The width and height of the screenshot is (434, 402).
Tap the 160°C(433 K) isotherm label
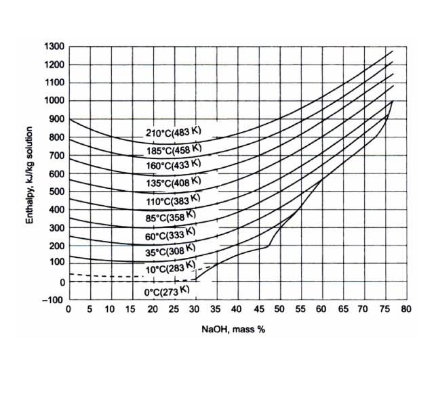174,166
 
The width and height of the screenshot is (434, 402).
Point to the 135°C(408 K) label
174,183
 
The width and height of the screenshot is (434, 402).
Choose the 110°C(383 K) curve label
174,201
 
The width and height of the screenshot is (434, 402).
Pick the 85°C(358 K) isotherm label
172,218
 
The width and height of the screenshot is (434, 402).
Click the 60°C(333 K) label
172,235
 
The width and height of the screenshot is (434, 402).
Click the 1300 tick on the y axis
54,47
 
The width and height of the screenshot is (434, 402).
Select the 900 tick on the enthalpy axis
56,119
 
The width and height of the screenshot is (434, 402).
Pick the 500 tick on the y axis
56,191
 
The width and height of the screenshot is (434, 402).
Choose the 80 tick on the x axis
405,310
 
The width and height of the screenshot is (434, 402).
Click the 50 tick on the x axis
278,310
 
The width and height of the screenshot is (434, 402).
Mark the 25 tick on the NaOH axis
173,310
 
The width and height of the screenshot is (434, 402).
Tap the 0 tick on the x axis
68,310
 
